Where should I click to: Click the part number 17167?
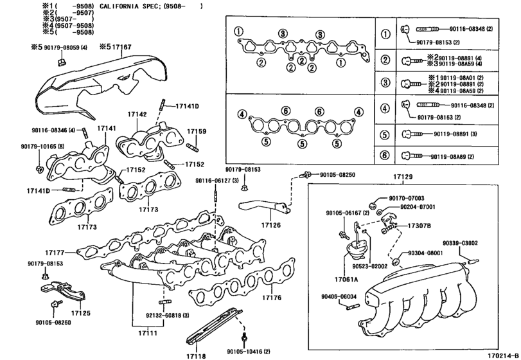pyautogui.click(x=120, y=47)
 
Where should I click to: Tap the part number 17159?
pyautogui.click(x=197, y=131)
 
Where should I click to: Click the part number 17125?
pyautogui.click(x=80, y=312)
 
